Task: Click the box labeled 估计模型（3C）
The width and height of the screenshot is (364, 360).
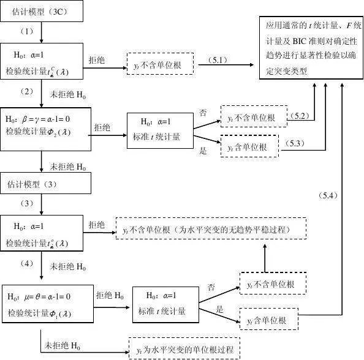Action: [40, 12]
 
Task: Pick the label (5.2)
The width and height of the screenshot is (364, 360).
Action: [300, 116]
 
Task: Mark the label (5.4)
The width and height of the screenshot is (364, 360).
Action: [328, 195]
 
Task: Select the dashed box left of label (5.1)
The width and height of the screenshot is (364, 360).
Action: [160, 63]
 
